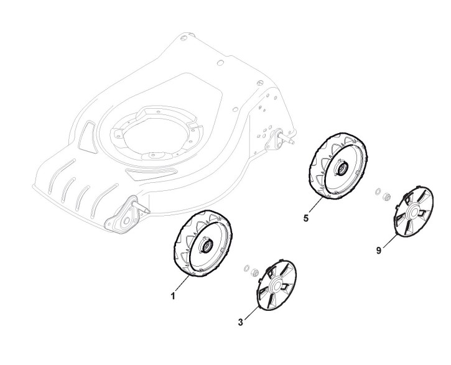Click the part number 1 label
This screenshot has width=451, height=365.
pyautogui.click(x=173, y=297)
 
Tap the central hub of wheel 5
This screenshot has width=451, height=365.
pyautogui.click(x=342, y=167)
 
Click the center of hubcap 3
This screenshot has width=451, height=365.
pyautogui.click(x=274, y=288)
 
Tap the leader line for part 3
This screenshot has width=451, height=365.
pyautogui.click(x=250, y=315)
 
